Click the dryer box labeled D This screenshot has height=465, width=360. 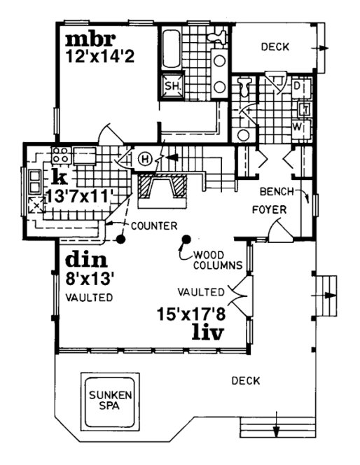click(x=297, y=86)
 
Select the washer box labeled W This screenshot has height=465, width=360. click(x=298, y=128)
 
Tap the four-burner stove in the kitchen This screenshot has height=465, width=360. click(x=58, y=155)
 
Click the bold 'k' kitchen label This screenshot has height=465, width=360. click(x=55, y=175)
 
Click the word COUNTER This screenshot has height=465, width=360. click(x=152, y=225)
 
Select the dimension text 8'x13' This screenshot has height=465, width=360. click(x=90, y=278)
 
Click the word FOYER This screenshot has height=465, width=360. click(x=267, y=209)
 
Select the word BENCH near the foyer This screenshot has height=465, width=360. click(x=275, y=190)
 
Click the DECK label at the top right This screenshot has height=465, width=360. click(x=275, y=48)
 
